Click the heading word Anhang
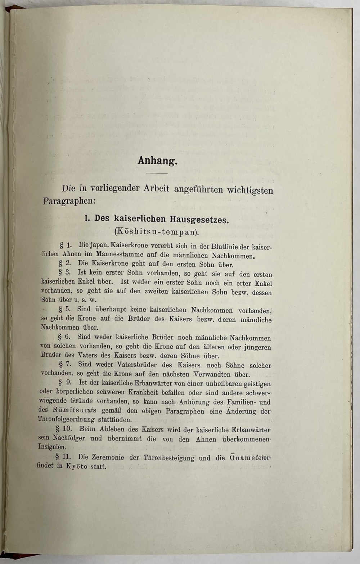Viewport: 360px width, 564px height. click(157, 161)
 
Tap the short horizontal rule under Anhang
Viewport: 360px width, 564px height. click(157, 173)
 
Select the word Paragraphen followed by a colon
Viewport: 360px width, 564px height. click(69, 201)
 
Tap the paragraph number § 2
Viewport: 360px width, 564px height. click(65, 263)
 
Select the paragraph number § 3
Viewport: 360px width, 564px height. click(65, 272)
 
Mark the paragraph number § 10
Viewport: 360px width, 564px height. click(64, 429)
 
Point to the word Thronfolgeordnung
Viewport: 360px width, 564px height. click(67, 420)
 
